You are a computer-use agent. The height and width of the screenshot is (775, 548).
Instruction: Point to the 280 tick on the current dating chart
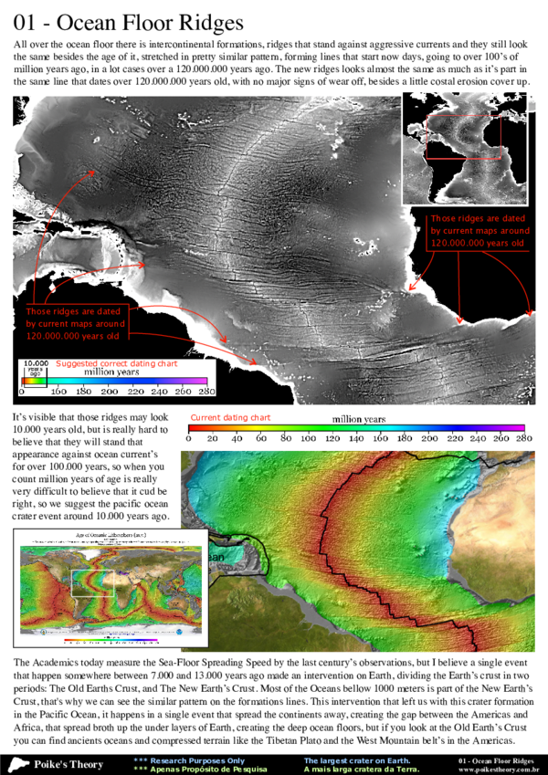pyautogui.click(x=523, y=438)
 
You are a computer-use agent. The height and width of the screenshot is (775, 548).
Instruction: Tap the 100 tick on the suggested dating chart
pyautogui.click(x=60, y=391)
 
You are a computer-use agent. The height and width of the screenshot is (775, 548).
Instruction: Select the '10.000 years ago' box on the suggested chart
pyautogui.click(x=32, y=368)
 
